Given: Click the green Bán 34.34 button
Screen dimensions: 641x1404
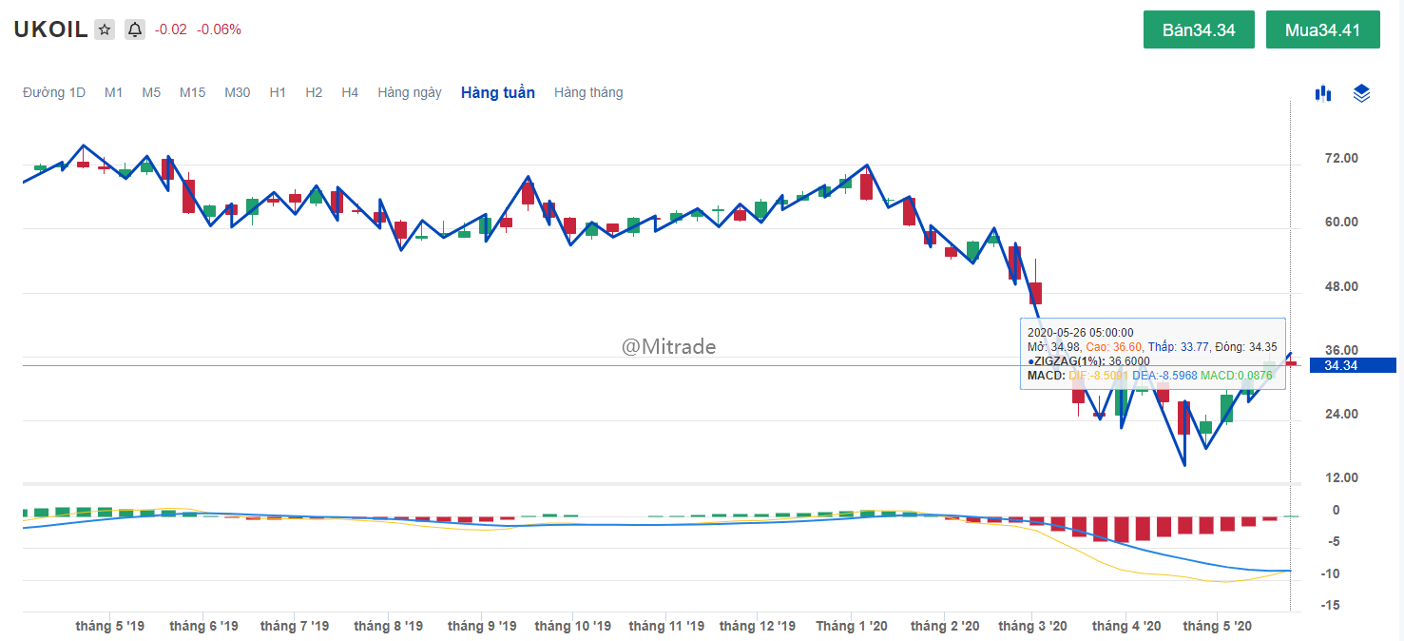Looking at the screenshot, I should click(1199, 29).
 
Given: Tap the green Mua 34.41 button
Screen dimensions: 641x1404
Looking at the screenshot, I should click(1322, 29).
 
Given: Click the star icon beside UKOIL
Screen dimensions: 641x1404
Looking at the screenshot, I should click(105, 29).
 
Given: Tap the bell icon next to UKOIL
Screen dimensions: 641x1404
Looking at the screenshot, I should click(135, 29).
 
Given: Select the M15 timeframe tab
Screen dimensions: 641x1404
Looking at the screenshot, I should click(192, 92).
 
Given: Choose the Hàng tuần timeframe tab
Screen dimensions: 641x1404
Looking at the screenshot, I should click(497, 92).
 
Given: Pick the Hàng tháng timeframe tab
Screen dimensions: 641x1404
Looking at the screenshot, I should click(588, 92).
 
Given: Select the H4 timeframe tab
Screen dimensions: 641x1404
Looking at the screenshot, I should click(350, 92).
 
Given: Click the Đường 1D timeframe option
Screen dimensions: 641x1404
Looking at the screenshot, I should click(54, 92).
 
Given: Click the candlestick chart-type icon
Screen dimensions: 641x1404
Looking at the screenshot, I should click(1322, 93).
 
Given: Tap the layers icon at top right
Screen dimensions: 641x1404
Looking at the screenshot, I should click(1361, 93).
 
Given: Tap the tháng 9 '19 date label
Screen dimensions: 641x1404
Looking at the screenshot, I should click(482, 626).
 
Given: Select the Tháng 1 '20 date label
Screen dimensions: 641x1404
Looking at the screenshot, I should click(852, 626).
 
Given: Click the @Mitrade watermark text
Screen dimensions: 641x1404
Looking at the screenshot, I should click(668, 347).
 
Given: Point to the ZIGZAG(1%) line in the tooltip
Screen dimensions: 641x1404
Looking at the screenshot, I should click(1088, 360).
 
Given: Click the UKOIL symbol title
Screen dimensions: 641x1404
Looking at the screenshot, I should click(50, 29).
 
